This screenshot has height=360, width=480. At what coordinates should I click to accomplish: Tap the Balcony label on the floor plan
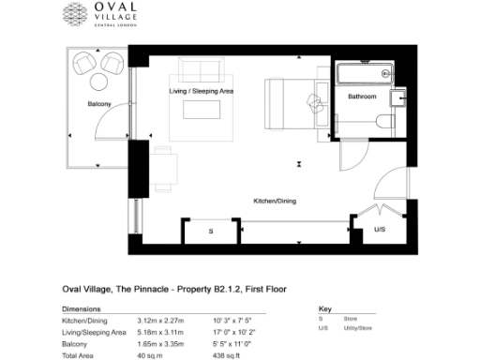tap(99, 103)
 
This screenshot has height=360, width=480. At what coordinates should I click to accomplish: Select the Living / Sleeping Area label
tap(201, 92)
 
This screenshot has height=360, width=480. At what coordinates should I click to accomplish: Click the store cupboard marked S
tap(211, 230)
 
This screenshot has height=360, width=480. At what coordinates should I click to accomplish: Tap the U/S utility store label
tap(380, 229)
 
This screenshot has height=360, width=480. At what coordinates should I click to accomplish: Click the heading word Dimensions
tap(81, 308)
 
